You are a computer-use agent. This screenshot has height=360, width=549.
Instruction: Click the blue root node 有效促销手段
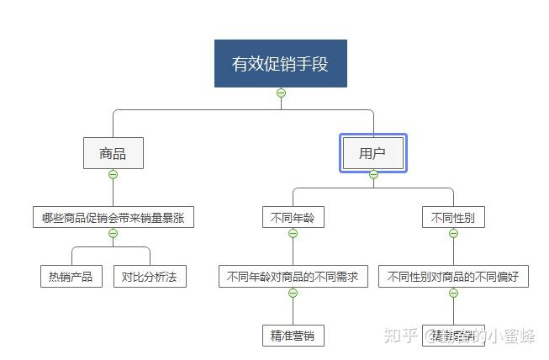(281, 63)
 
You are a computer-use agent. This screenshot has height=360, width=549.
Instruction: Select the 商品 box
(113, 154)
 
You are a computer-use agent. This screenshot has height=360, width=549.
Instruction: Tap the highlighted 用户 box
(373, 153)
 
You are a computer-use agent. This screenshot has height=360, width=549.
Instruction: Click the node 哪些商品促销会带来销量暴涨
(113, 218)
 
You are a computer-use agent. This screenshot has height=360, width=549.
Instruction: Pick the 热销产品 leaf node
(71, 276)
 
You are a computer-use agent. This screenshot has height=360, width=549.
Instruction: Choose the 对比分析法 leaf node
(150, 276)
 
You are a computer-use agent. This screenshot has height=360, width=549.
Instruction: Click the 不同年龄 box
(293, 218)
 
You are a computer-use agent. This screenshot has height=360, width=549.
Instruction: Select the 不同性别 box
(453, 218)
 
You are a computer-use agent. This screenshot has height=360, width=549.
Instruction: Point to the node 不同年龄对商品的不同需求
(293, 276)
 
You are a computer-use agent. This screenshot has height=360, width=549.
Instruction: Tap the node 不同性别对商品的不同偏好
(453, 276)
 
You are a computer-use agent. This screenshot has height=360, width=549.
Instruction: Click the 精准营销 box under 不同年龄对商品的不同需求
(293, 335)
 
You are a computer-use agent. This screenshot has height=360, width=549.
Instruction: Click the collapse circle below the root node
(281, 93)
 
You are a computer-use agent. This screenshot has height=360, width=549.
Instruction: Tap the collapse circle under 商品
(113, 174)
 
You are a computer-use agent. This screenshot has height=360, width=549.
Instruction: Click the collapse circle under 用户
(373, 175)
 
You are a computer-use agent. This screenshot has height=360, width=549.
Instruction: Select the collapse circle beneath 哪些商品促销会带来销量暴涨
(113, 233)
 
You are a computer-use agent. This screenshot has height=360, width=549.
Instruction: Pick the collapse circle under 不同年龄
(293, 233)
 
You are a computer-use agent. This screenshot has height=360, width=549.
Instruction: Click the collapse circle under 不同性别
(453, 233)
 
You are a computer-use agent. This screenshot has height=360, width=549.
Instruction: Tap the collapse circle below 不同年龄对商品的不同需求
(293, 293)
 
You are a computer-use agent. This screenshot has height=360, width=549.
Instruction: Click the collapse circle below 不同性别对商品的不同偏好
(453, 293)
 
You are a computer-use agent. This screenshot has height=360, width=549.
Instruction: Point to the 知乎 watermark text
(400, 336)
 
